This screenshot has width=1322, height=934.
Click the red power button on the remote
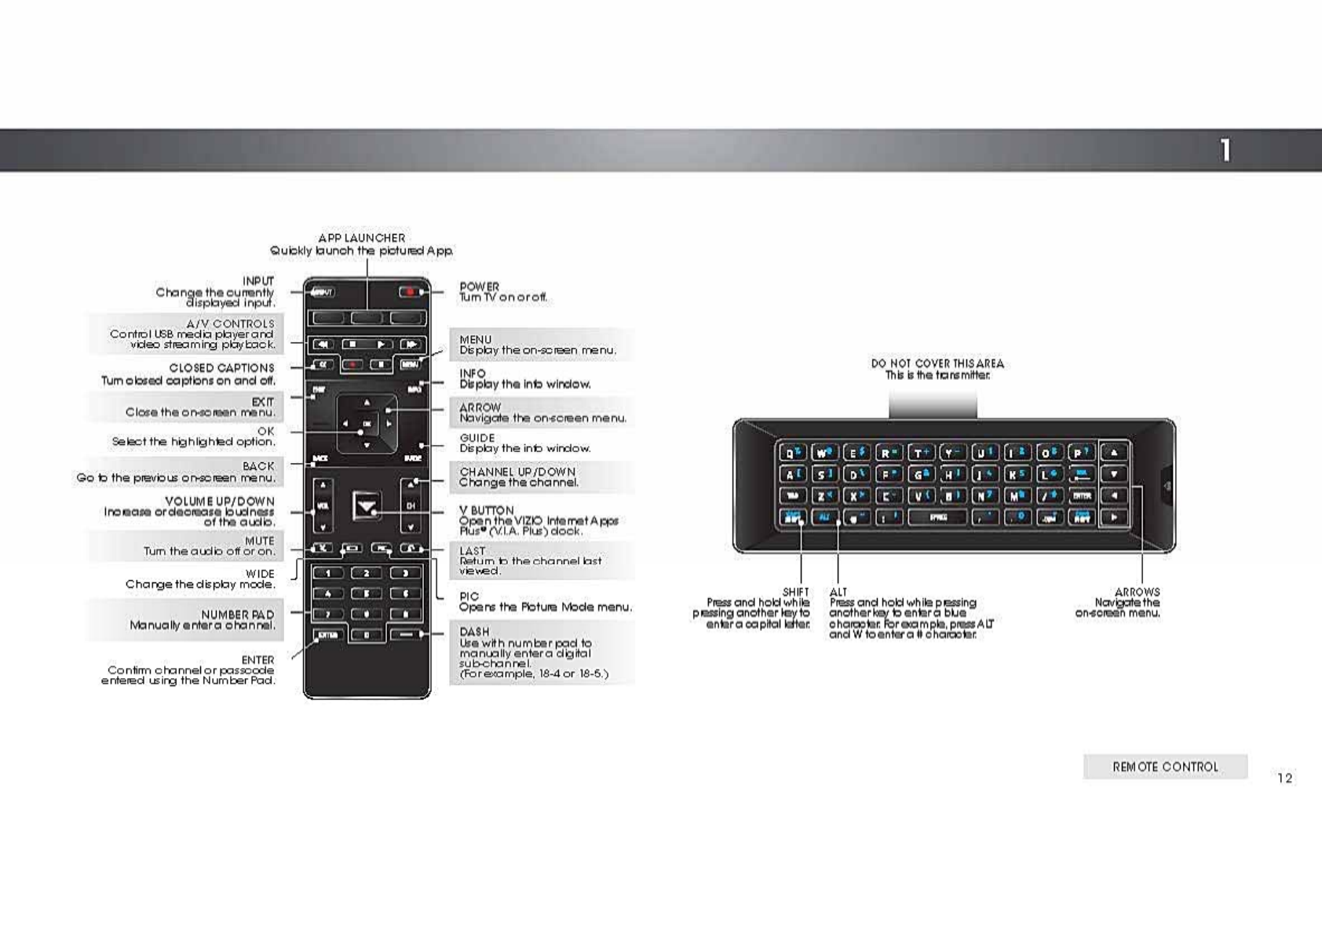[409, 292]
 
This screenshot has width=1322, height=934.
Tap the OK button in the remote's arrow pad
[367, 424]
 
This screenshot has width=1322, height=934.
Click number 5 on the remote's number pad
[367, 593]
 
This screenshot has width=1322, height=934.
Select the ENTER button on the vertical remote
[327, 634]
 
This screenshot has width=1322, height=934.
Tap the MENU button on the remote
[410, 364]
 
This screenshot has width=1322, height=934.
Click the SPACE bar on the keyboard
[937, 517]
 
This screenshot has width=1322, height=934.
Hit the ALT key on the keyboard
[824, 517]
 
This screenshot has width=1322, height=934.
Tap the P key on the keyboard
[1081, 453]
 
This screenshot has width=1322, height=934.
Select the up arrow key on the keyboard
[1114, 452]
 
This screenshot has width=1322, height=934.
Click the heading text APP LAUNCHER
[362, 238]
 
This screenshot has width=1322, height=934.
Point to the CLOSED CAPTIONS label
[222, 367]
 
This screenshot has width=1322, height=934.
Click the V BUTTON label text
[487, 510]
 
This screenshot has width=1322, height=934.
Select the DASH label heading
[474, 632]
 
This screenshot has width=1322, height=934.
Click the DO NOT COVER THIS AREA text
[937, 363]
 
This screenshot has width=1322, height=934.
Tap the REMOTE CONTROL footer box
[1165, 767]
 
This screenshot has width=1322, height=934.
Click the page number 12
[1284, 778]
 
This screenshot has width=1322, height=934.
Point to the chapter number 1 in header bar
[1225, 150]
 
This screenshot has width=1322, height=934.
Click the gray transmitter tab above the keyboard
[933, 405]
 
